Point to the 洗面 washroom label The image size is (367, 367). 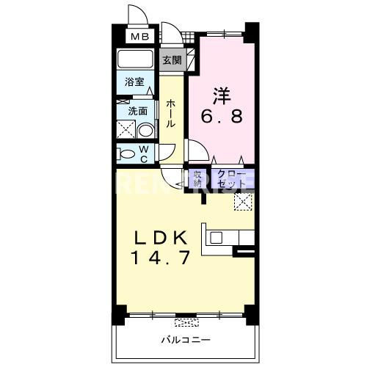pos(138,112)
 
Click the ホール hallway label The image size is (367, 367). pos(170,114)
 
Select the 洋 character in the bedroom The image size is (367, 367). pos(222,95)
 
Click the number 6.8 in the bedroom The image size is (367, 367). pos(222,116)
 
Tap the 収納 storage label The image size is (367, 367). pos(197,178)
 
